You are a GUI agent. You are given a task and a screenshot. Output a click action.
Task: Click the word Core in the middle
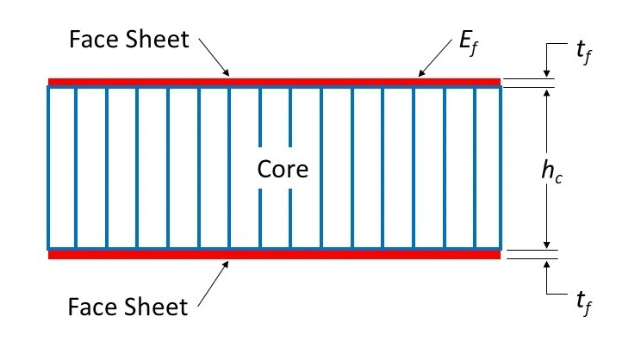[x=283, y=169]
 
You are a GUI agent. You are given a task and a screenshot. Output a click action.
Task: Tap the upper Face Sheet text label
[x=129, y=40]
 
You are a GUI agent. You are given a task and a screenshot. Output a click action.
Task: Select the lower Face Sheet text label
[x=128, y=307]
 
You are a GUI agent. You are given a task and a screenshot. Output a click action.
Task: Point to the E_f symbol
[x=469, y=43]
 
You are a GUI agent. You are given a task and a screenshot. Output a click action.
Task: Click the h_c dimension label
[x=552, y=171]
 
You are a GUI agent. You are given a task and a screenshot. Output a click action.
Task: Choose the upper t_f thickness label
[x=584, y=53]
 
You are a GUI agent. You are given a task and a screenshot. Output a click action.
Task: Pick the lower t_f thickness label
[x=584, y=303]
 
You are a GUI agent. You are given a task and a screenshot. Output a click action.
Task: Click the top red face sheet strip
[x=274, y=82]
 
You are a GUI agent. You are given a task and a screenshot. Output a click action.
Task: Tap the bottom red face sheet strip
[x=274, y=255]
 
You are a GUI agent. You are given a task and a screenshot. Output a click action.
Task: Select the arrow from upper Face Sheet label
[x=215, y=58]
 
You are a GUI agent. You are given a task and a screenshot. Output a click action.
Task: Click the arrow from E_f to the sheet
[x=435, y=58]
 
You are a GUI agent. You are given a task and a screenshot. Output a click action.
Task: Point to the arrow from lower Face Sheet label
[x=213, y=283]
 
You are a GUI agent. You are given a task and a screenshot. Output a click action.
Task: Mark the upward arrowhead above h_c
[x=546, y=93]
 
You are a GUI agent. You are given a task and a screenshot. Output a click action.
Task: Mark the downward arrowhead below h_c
[x=546, y=245]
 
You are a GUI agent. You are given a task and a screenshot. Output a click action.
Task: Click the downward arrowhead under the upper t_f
[x=546, y=73]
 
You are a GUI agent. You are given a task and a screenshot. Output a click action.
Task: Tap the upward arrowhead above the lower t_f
[x=546, y=264]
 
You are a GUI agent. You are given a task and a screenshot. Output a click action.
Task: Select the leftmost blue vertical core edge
[x=48, y=168]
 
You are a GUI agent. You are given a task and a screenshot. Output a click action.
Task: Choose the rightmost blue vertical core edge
[x=501, y=168]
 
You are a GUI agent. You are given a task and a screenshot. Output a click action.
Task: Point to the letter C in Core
[x=264, y=169]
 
